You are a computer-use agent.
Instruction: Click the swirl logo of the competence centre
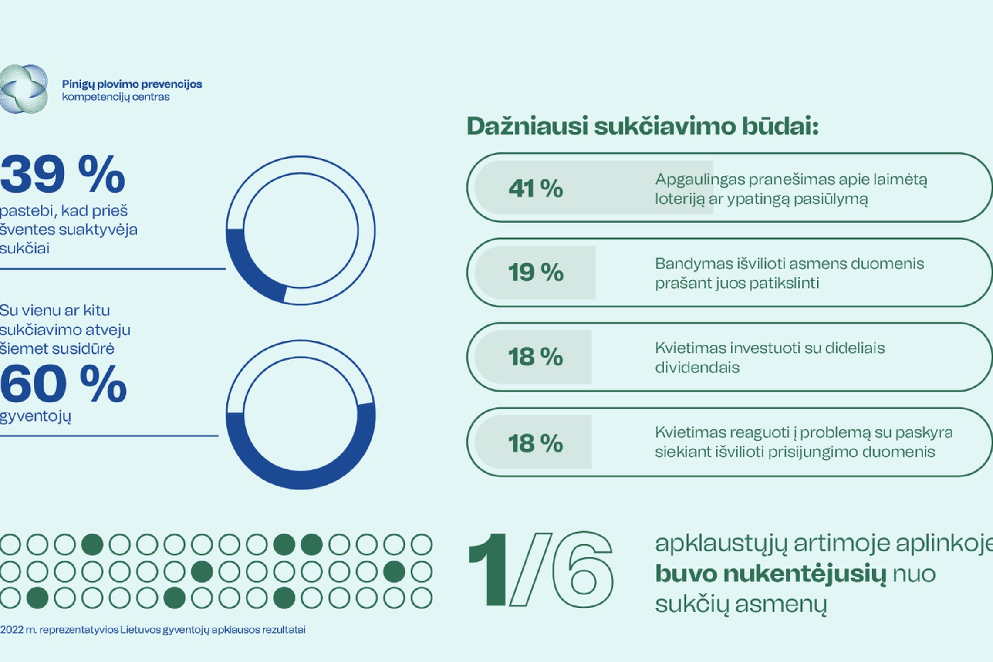pos(24,89)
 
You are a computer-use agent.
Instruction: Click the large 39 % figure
pos(63,174)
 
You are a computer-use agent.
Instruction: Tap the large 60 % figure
pos(64,384)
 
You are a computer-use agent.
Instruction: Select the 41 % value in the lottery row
pos(536,189)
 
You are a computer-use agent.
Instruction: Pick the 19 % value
pos(536,273)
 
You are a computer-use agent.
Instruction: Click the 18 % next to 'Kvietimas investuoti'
pos(536,357)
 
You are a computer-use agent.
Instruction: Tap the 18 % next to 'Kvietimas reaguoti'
pos(536,443)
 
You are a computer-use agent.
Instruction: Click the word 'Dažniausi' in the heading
pos(527,126)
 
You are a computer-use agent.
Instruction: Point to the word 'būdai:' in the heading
pos(780,126)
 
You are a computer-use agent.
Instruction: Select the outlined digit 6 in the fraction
pos(582,569)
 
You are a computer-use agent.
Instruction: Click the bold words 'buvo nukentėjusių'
pos(771,574)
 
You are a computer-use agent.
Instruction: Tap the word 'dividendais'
pos(697,368)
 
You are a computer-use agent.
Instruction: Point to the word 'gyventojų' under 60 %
pos(35,417)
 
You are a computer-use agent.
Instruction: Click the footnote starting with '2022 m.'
pos(153,630)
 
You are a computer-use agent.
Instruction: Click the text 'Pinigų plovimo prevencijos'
pos(132,84)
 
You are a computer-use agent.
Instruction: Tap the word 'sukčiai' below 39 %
pos(25,249)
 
